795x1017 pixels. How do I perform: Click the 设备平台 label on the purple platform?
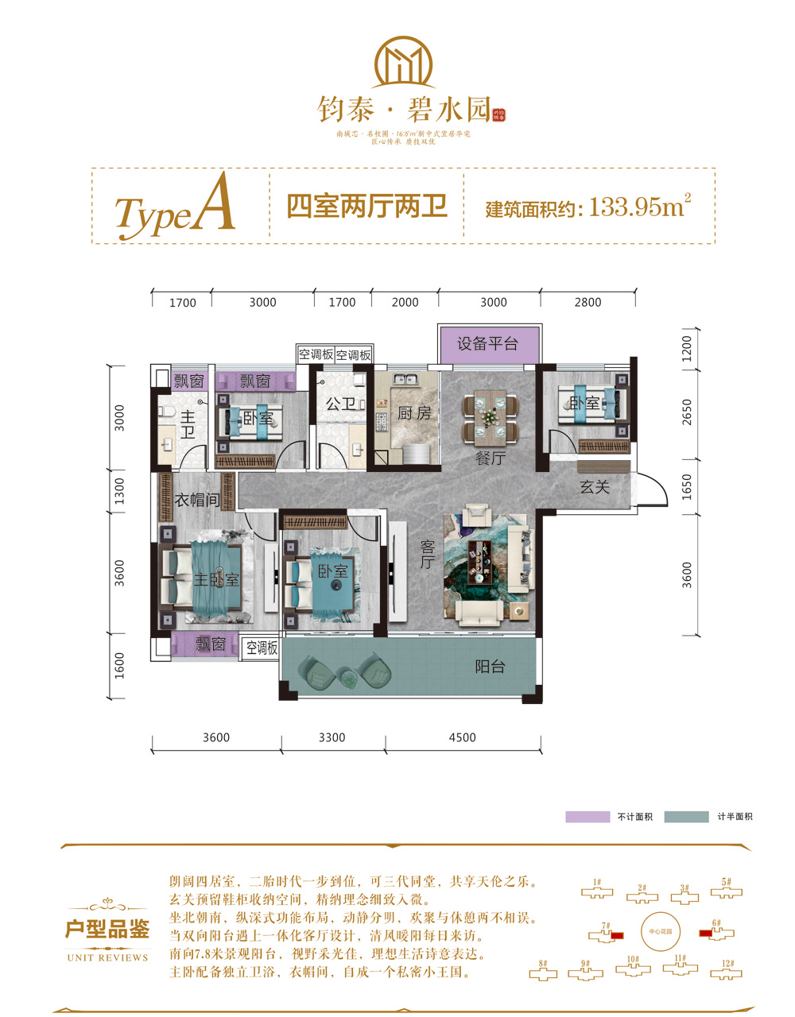coord(487,344)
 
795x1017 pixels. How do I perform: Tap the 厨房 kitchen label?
coord(414,413)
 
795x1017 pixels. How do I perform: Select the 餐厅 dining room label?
coord(490,458)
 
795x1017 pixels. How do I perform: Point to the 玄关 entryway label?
coord(594,486)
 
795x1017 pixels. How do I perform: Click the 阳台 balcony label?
coord(490,667)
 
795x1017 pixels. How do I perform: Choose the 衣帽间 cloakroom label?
coord(196,500)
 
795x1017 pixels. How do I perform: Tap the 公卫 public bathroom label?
coord(340,404)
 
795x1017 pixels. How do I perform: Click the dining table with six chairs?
coord(491,418)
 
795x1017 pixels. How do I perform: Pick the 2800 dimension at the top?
coord(588,302)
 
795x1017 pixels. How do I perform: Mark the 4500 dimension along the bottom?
coord(462,737)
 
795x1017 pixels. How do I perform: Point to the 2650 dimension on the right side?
coord(687,412)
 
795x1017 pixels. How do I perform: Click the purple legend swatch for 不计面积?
coord(588,817)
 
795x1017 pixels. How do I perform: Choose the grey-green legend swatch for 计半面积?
coord(686,817)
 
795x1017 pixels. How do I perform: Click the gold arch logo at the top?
coord(405,64)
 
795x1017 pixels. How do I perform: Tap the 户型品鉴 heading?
coord(107,930)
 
